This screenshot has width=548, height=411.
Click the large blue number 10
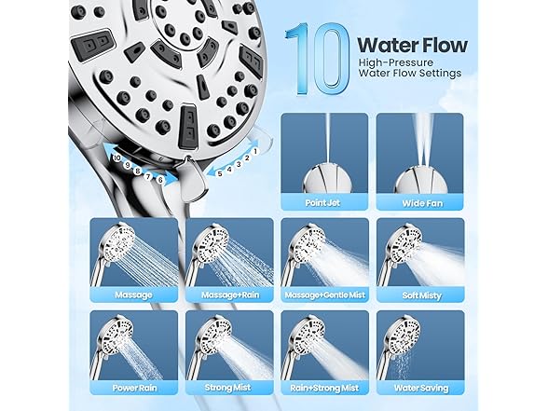[x=317, y=59]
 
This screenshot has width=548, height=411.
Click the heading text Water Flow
[x=412, y=45]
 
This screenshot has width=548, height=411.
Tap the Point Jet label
[x=322, y=203]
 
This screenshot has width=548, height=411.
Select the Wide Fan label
[x=422, y=203]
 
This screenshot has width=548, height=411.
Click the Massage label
[x=133, y=295]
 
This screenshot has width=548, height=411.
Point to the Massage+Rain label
[x=230, y=295]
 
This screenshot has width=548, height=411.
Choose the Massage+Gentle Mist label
[x=324, y=295]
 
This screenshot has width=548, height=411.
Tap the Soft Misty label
[x=422, y=295]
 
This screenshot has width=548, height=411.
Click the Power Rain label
[x=134, y=388]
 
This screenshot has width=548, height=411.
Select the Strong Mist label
[x=227, y=388]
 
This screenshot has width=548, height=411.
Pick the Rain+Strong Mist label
[x=324, y=388]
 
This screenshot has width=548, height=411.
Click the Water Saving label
[x=421, y=388]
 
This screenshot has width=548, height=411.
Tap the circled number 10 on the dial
[x=117, y=158]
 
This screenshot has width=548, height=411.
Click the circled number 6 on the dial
[x=160, y=180]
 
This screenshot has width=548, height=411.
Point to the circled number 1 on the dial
[x=255, y=151]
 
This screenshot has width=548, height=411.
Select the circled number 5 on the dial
[x=220, y=173]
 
